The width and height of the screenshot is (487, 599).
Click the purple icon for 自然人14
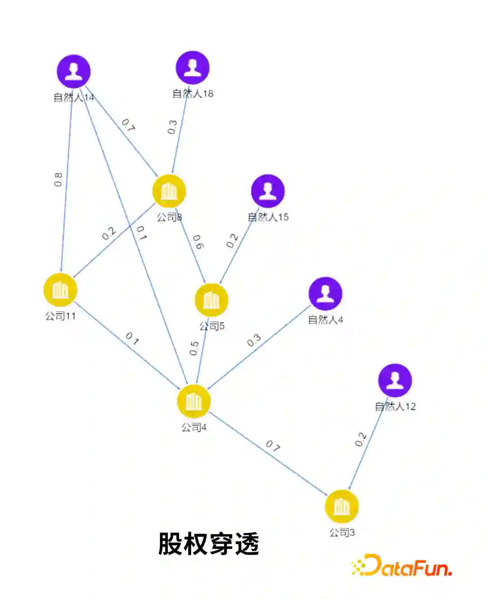74,72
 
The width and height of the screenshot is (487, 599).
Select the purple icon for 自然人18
193,68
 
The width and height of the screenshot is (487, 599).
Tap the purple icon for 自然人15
268,191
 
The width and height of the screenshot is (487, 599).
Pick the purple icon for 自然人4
325,294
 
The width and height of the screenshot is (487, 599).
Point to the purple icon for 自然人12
395,381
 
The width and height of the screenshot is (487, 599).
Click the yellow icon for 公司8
169,191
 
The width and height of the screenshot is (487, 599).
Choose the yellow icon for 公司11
60,290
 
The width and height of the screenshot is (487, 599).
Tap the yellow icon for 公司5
211,300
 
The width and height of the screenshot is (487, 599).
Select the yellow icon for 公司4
194,401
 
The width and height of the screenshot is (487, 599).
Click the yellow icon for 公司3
342,507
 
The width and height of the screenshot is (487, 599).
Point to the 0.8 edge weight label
58,180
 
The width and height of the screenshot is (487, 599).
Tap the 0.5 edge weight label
194,348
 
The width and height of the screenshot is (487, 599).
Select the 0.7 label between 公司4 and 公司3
273,446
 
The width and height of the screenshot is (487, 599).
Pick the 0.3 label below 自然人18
172,127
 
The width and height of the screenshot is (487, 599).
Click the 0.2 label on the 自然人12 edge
360,439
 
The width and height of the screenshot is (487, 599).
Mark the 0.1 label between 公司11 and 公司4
132,338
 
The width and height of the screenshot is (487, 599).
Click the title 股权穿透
208,544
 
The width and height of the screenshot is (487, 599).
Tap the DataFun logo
401,566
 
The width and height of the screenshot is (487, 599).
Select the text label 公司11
60,316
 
